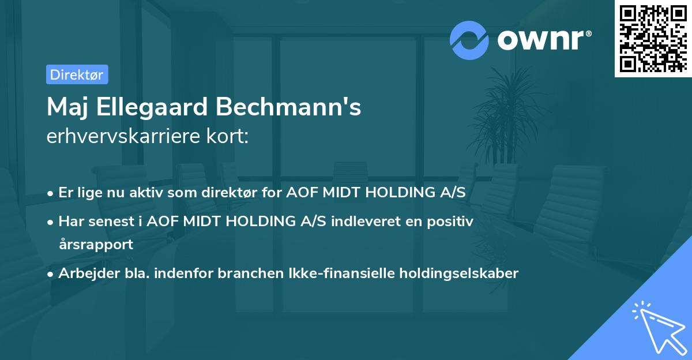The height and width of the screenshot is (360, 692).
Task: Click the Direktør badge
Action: pyautogui.click(x=77, y=74)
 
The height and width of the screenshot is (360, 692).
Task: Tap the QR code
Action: pyautogui.click(x=653, y=38)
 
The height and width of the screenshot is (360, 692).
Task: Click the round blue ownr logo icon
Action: pyautogui.click(x=469, y=40)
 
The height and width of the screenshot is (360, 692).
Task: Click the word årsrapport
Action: pyautogui.click(x=96, y=244)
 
